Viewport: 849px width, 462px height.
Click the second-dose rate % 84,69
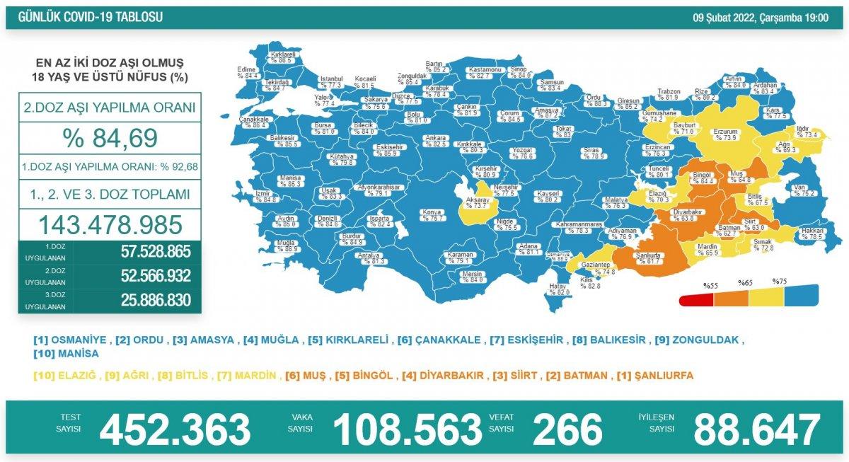click(x=110, y=138)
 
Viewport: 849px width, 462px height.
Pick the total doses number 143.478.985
click(x=110, y=224)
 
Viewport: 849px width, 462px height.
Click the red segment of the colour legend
click(x=695, y=300)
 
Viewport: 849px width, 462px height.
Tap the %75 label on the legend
click(x=780, y=282)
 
